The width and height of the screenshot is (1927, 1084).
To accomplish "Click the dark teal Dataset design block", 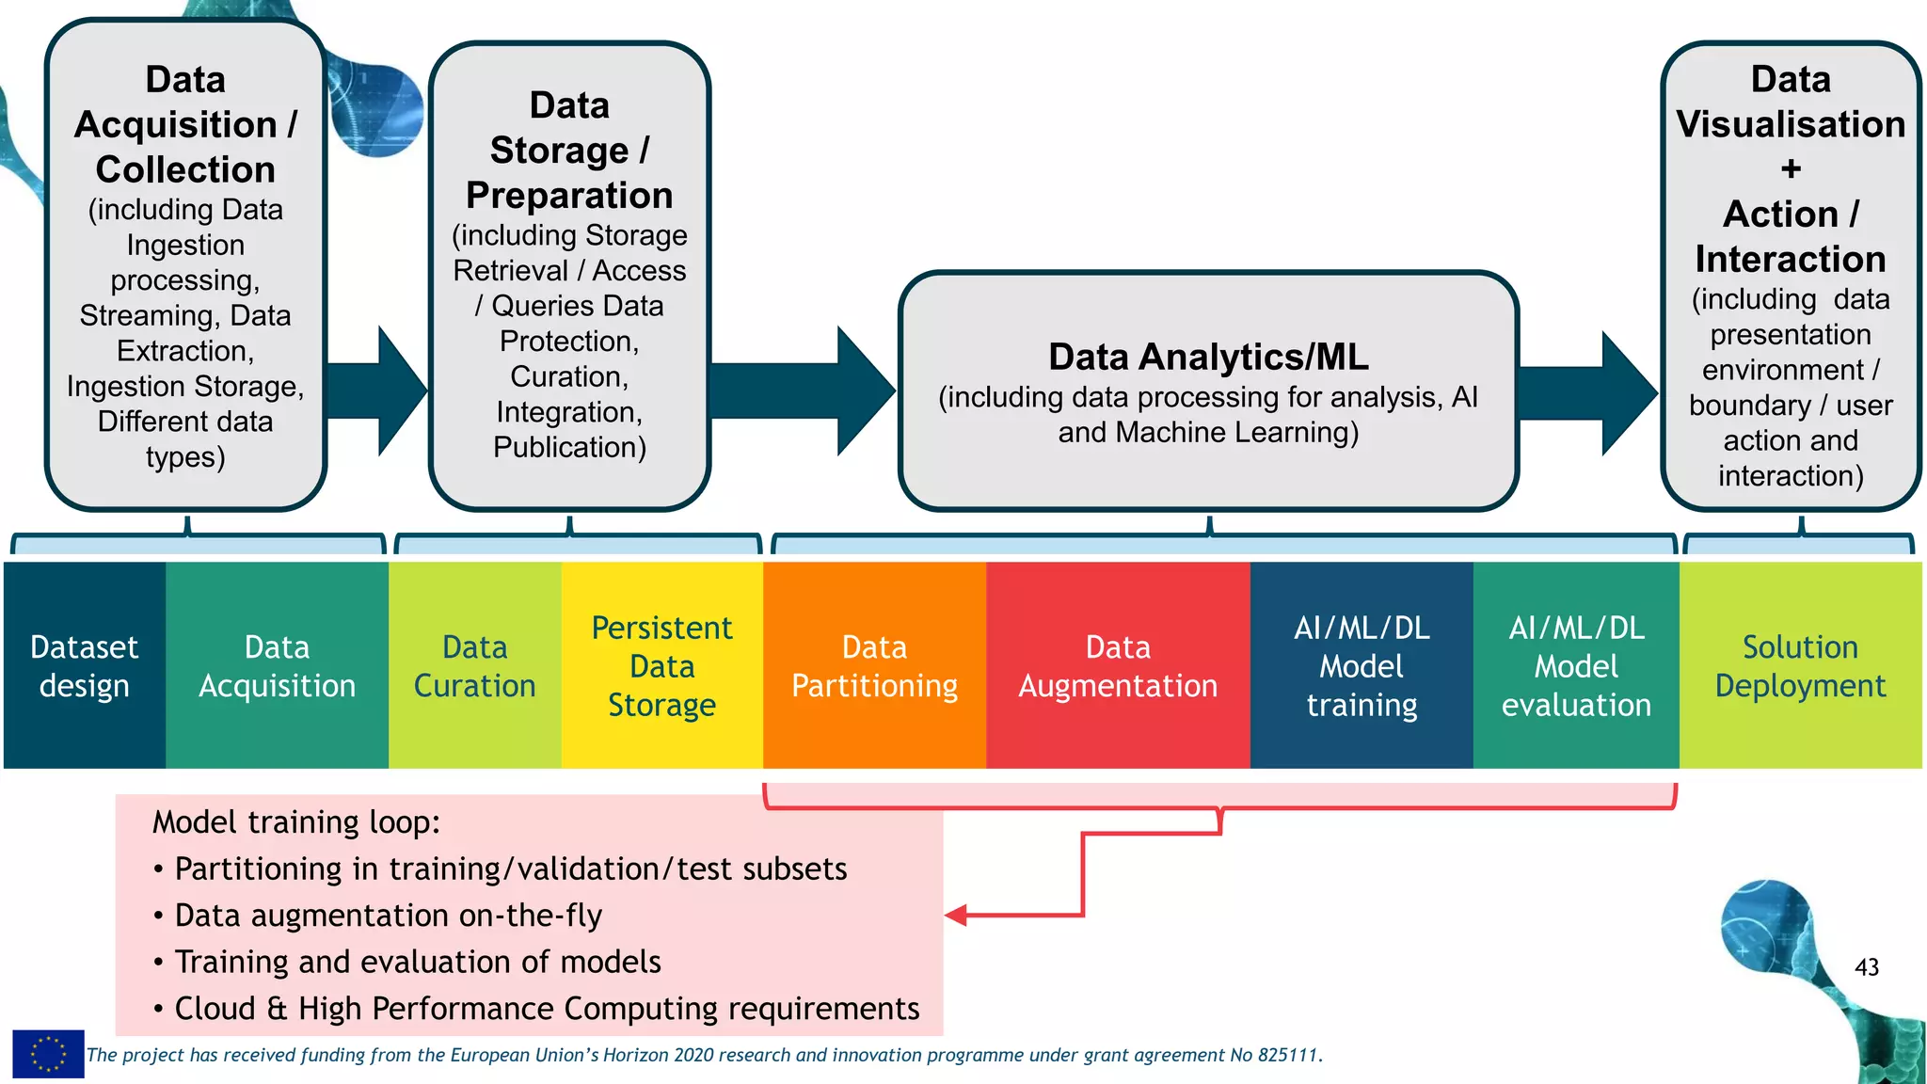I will click(x=84, y=665).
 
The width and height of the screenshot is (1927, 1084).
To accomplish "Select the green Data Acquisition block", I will click(x=277, y=665).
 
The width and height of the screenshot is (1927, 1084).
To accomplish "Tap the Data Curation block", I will click(x=474, y=665).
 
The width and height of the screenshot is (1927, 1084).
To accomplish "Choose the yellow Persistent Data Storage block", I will click(x=661, y=665).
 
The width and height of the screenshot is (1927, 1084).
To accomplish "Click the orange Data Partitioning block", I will click(x=874, y=665).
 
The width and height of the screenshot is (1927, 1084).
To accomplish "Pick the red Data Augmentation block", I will click(x=1117, y=665).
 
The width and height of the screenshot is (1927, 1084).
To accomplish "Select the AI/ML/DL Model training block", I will click(x=1361, y=665).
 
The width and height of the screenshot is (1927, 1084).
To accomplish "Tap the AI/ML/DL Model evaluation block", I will click(x=1576, y=665).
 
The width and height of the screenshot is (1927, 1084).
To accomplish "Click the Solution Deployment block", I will click(x=1800, y=665).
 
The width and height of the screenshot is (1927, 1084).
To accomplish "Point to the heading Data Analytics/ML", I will click(x=1208, y=358).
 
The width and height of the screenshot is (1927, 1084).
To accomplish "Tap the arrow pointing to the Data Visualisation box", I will click(x=1590, y=392).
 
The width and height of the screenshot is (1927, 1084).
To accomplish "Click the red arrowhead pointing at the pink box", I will click(x=957, y=915).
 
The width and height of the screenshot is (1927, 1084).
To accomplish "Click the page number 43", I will click(x=1866, y=967).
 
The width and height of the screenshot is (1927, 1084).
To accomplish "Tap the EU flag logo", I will click(x=48, y=1054).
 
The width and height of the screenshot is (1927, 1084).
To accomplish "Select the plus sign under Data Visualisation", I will click(x=1791, y=169).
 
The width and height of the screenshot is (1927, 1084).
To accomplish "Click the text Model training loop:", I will click(x=296, y=822).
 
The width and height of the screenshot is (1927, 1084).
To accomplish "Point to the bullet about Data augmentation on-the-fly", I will click(x=388, y=916).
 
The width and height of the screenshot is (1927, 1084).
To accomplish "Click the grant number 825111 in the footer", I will click(x=1287, y=1055).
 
